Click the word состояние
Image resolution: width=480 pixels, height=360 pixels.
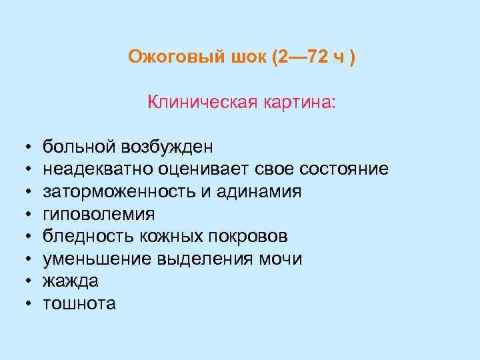(344, 169)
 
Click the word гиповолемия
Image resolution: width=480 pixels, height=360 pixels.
(99, 215)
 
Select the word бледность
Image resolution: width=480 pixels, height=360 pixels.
(80, 237)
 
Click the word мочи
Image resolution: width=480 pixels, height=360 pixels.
(280, 259)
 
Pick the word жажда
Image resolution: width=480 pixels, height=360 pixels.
(71, 282)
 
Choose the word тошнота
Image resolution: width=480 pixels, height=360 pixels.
(79, 305)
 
